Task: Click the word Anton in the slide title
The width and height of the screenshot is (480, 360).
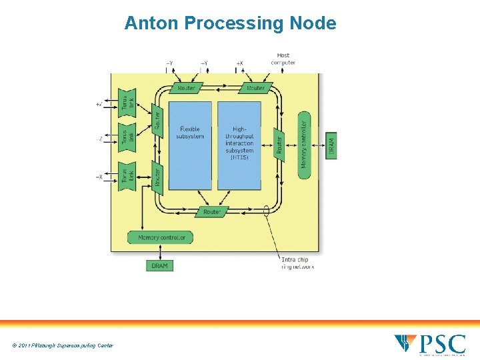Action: tap(152, 23)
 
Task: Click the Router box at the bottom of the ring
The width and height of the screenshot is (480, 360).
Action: tap(211, 212)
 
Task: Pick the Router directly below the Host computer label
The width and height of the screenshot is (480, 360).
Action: tap(256, 88)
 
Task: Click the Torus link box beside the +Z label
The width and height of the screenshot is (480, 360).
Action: tap(127, 103)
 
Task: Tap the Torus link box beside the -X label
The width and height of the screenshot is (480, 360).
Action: tap(127, 176)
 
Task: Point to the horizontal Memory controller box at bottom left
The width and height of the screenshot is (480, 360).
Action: tap(161, 237)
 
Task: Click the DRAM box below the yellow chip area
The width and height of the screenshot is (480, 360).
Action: tap(160, 265)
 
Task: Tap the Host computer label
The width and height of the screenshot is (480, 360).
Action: tap(283, 59)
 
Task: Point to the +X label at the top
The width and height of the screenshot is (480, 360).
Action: tap(239, 63)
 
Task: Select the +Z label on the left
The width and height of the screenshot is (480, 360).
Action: tap(99, 104)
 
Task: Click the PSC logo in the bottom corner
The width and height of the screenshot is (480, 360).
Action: tap(430, 344)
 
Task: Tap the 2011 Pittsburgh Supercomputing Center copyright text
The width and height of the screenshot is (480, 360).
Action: tap(63, 345)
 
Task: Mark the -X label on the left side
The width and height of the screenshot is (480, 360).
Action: tap(99, 177)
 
